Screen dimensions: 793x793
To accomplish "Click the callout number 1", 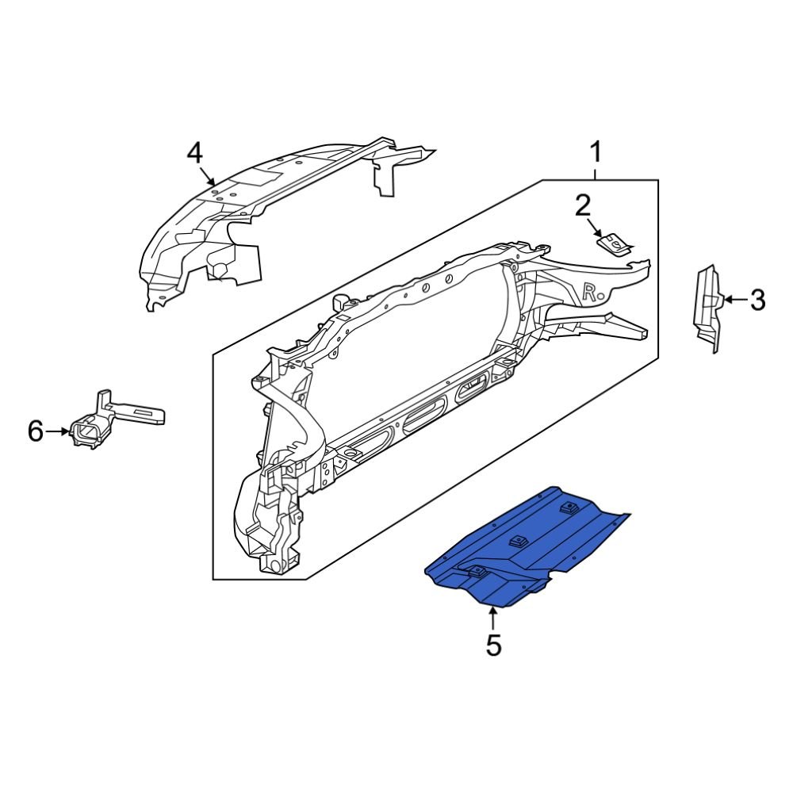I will tap(595, 151).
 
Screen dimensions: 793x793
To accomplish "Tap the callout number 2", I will tap(583, 207).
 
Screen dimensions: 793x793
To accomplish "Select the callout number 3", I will tap(757, 301).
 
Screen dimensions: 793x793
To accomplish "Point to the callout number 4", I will tap(195, 152).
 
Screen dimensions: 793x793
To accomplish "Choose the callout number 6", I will tap(35, 431).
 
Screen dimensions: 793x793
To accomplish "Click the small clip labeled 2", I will tap(615, 243).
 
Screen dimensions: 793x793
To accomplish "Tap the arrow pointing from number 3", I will tap(734, 301).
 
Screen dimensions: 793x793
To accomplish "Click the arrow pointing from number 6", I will tap(59, 431).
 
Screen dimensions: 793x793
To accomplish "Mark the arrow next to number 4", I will tap(208, 177).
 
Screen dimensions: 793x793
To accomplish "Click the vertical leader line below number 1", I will tap(595, 171).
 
